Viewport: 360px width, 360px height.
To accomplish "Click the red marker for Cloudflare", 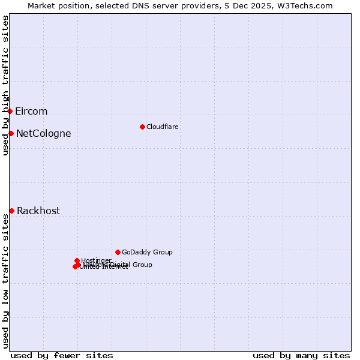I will [142, 127].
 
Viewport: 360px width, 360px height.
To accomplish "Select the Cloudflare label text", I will [162, 127].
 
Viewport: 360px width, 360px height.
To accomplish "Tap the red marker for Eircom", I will [10, 111].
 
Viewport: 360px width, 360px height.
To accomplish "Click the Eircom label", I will [31, 112].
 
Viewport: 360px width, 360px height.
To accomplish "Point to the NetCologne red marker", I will [11, 133].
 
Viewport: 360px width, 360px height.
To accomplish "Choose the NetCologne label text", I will [43, 134].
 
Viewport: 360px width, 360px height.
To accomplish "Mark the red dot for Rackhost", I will [11, 211].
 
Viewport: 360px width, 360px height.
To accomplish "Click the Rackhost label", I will [38, 211].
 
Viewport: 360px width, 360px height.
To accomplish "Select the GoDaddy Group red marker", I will [118, 252].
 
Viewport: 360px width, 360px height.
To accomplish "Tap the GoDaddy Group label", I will [147, 252].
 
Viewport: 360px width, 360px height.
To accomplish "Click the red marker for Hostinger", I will [77, 260].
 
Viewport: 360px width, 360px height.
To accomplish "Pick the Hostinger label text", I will [96, 260].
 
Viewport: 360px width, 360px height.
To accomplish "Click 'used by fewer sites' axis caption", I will [62, 355].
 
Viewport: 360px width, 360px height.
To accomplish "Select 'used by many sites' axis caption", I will [301, 355].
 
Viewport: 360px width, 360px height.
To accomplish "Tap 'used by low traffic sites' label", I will [5, 282].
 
